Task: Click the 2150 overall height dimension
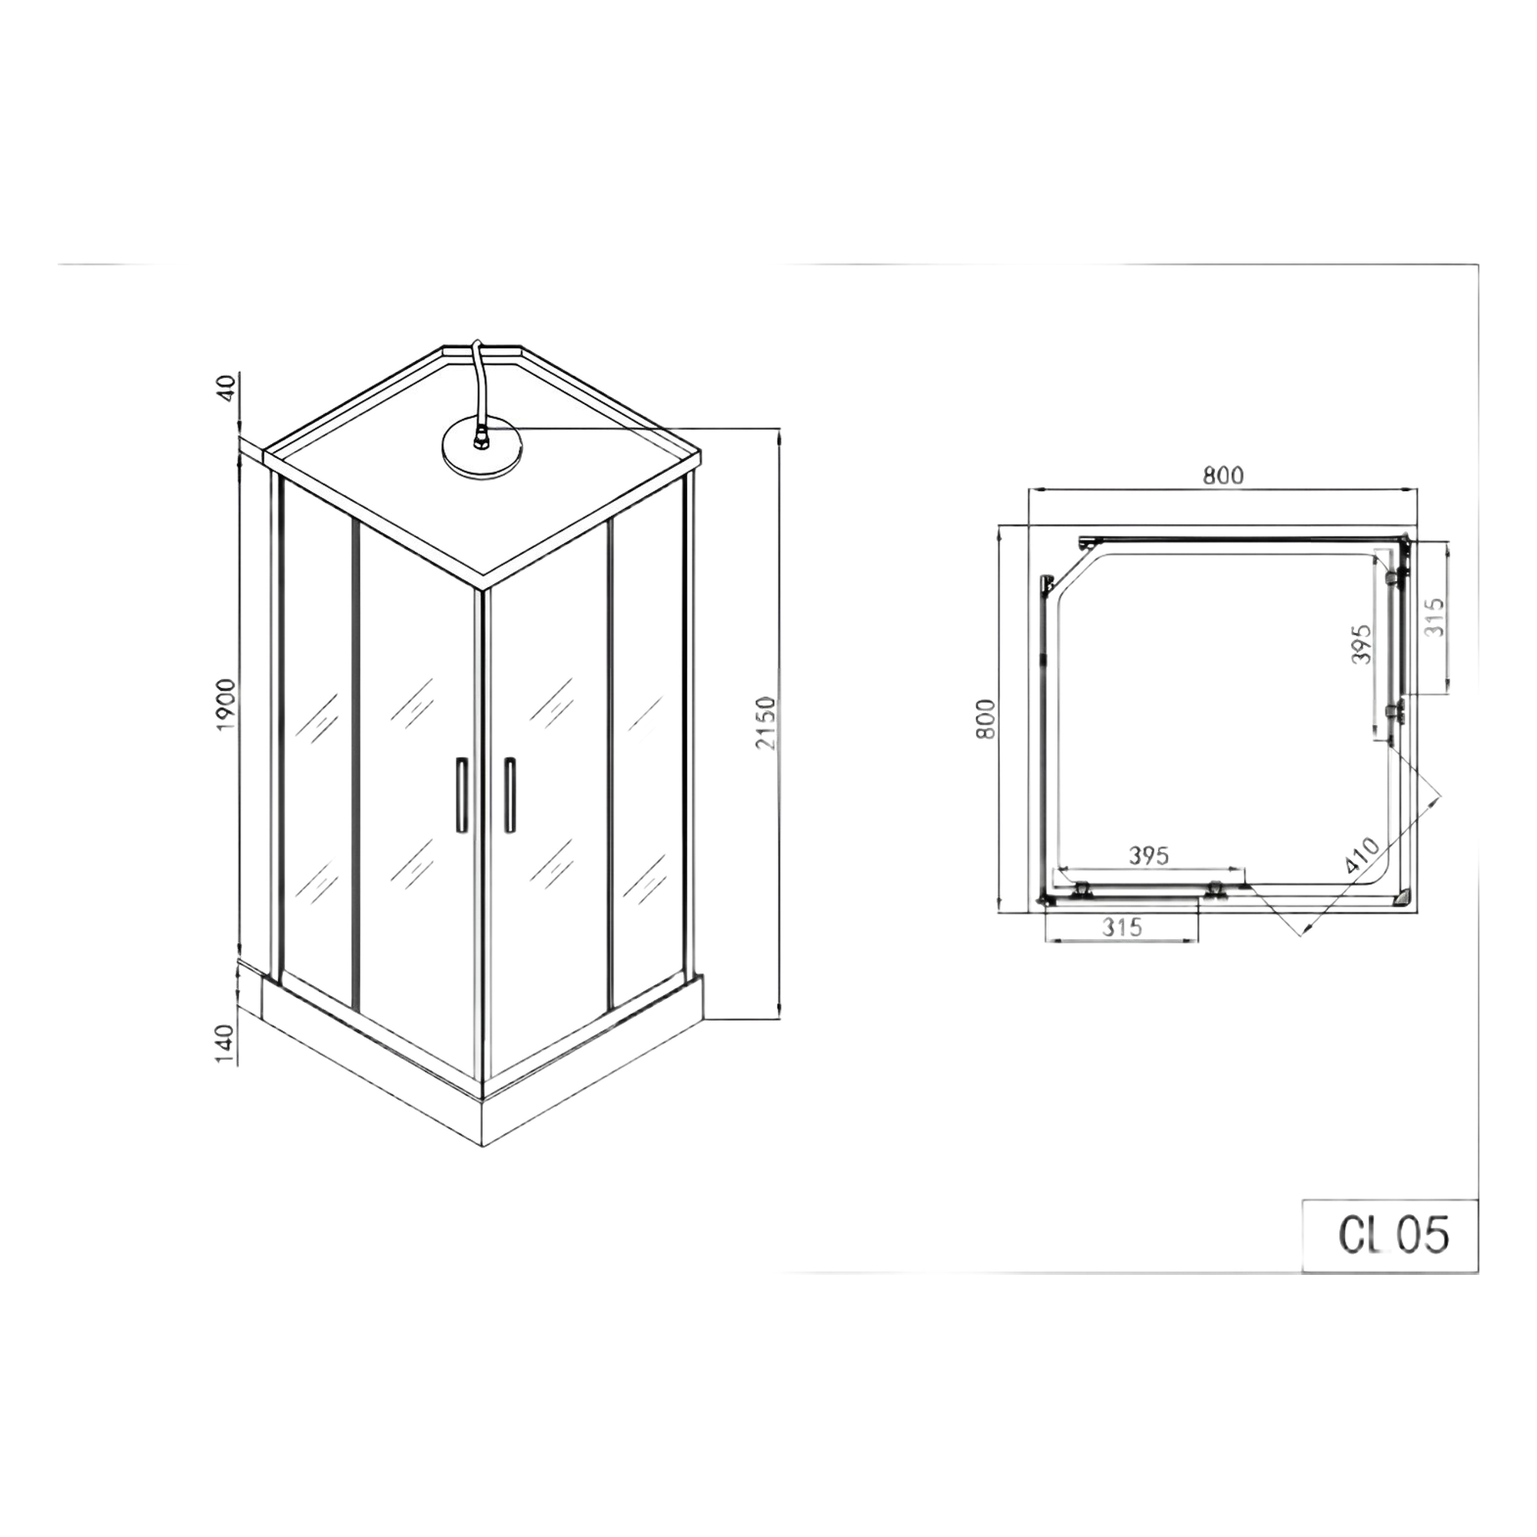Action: [x=765, y=722]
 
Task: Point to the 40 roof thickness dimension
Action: [x=227, y=387]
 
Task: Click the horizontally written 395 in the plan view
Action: [x=1150, y=855]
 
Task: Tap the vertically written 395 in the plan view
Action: [x=1363, y=642]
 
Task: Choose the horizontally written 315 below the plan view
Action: [x=1123, y=927]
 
